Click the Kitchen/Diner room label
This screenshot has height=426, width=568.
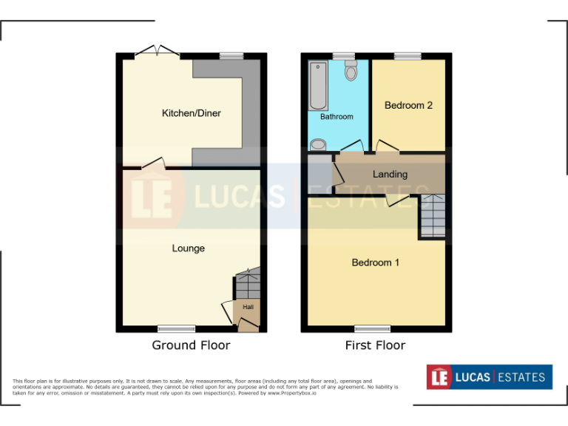[192, 113]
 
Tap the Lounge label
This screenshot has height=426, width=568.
[189, 248]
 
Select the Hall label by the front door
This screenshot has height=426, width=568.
[248, 307]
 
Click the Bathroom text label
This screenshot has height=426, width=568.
[337, 117]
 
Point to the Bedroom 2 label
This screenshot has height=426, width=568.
[408, 106]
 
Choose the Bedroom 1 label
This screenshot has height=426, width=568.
[376, 263]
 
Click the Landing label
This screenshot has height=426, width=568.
[390, 175]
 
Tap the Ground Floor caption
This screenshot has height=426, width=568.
[191, 345]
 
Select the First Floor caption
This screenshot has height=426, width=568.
[375, 345]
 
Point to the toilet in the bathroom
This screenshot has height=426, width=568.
[351, 70]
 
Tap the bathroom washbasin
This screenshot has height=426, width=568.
[318, 144]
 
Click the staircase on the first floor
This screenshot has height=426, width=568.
[433, 216]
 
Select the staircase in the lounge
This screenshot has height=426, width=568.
[248, 283]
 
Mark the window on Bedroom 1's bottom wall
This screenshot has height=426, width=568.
[373, 328]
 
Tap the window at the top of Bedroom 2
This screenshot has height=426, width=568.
[408, 55]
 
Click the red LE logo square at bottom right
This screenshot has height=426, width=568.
[439, 377]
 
